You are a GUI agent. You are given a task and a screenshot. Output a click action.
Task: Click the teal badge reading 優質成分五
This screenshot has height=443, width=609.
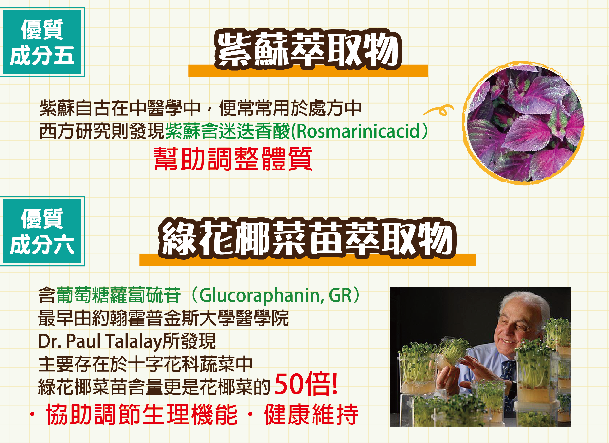click(42, 42)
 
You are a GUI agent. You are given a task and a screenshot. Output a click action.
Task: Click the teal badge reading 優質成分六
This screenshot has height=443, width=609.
click(42, 231)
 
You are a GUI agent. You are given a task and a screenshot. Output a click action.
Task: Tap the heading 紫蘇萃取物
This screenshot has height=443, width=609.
click(308, 50)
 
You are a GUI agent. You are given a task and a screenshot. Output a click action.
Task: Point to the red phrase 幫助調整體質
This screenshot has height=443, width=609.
click(233, 159)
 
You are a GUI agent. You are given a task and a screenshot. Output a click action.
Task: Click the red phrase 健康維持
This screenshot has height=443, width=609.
click(311, 415)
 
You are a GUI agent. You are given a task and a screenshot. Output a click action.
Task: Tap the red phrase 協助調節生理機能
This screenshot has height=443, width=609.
click(142, 415)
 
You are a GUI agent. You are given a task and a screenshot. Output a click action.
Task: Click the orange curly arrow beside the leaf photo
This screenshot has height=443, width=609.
click(439, 110)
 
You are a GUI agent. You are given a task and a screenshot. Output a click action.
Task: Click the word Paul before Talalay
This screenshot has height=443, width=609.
click(83, 341)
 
